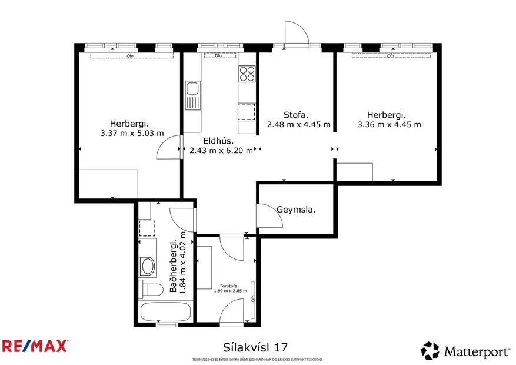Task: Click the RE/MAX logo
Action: click(x=35, y=346)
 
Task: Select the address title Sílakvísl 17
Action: click(x=256, y=347)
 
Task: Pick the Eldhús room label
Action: click(x=218, y=141)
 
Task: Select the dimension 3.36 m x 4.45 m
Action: click(x=389, y=124)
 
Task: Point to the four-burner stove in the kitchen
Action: click(x=247, y=74)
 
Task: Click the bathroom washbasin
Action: click(x=148, y=267)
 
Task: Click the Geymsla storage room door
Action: click(x=269, y=215)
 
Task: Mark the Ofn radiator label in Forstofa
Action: click(x=253, y=297)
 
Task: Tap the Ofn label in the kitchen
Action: click(x=218, y=56)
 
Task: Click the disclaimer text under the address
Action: click(x=257, y=359)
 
